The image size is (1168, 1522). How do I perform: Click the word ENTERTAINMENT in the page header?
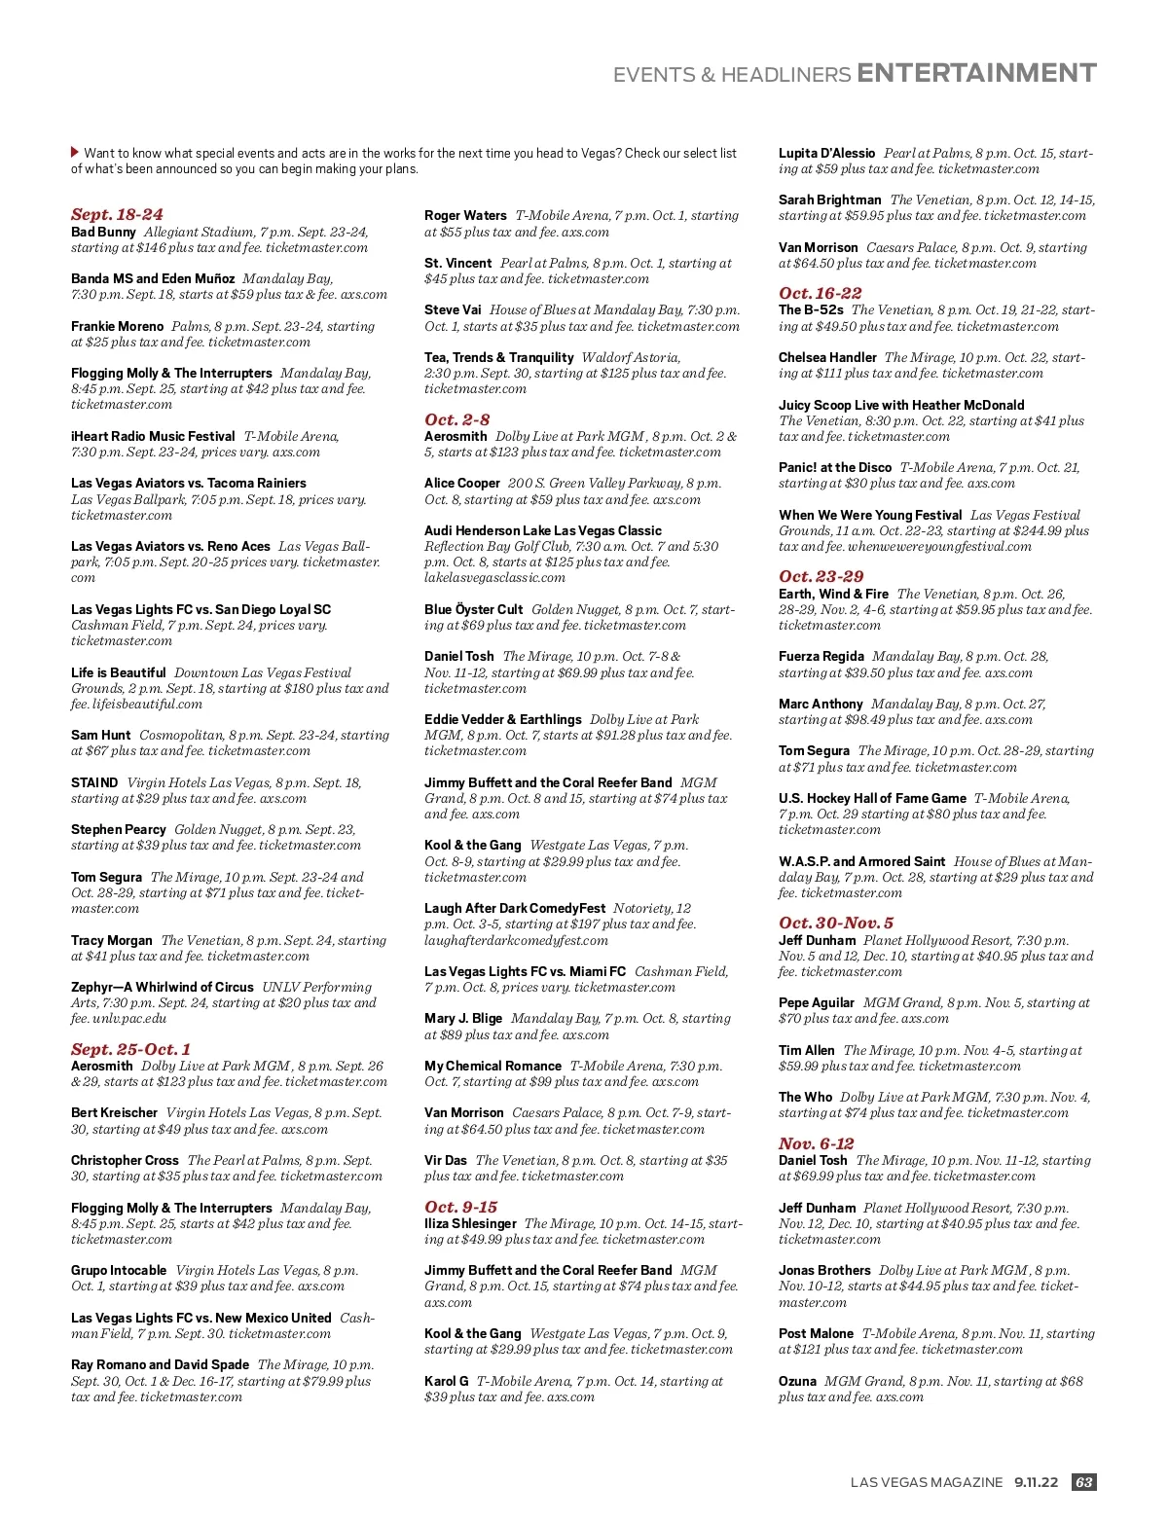click(x=976, y=74)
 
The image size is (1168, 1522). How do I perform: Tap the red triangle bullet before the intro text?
click(x=75, y=152)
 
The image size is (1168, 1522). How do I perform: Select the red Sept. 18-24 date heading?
click(x=117, y=214)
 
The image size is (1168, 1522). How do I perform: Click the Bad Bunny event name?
click(x=103, y=232)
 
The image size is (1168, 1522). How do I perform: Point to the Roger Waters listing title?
click(x=465, y=215)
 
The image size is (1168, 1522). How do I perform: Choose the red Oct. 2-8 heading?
click(x=456, y=419)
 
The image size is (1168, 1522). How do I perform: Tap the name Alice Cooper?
click(x=461, y=483)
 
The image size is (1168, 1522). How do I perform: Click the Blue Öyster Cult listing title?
click(x=473, y=609)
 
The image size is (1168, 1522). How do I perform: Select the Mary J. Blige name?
click(x=463, y=1018)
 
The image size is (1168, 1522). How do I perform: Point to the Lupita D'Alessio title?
click(x=826, y=153)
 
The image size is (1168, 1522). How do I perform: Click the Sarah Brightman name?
click(x=829, y=199)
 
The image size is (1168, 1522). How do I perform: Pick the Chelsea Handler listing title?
click(x=827, y=357)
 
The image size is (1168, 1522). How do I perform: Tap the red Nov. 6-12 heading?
click(x=816, y=1143)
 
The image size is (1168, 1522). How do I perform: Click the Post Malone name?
click(x=816, y=1333)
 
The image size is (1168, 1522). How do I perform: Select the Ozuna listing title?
click(x=797, y=1381)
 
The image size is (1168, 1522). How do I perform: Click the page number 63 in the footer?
click(x=1083, y=1482)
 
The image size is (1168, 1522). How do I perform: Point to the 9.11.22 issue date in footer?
click(x=1036, y=1482)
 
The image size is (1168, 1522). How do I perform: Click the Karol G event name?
click(x=446, y=1381)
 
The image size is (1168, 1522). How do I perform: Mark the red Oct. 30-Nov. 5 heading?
click(x=835, y=923)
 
